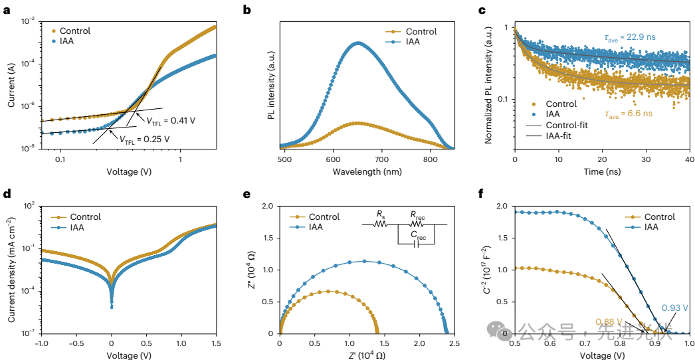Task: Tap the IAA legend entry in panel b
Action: coord(412,42)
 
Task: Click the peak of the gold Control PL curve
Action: coord(358,123)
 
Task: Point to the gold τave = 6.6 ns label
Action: coord(625,114)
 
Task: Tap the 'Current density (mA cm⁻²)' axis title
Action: coord(12,270)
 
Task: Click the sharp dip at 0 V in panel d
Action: coord(112,306)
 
